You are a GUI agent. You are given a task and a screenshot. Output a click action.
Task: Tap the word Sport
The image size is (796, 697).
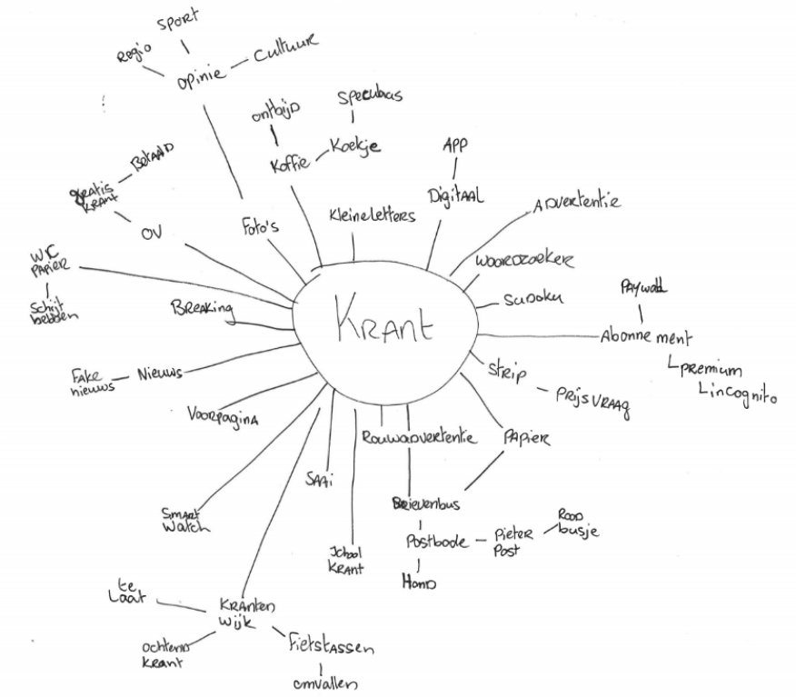177,19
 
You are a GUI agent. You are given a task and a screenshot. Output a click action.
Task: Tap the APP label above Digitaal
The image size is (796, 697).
454,145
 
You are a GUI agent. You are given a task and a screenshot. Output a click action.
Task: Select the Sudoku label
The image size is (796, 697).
533,299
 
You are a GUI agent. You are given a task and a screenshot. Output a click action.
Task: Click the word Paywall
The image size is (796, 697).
643,288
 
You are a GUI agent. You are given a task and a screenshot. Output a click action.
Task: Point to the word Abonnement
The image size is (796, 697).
645,336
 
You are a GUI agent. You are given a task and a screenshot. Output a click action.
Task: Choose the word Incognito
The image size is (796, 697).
738,394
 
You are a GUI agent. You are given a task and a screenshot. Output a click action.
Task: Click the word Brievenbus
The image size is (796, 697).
425,503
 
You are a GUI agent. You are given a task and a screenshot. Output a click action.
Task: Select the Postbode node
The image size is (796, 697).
437,542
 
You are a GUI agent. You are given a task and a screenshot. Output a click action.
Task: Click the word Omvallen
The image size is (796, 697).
324,683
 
